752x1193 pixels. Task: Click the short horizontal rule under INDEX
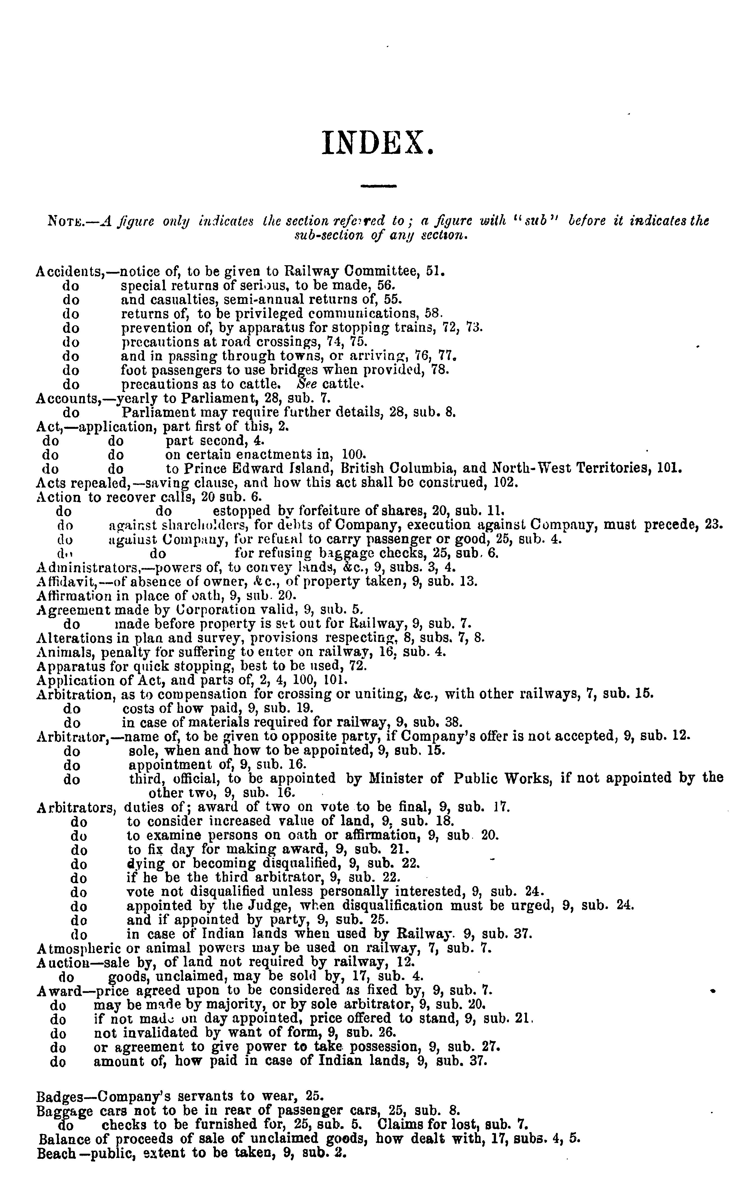pyautogui.click(x=379, y=186)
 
